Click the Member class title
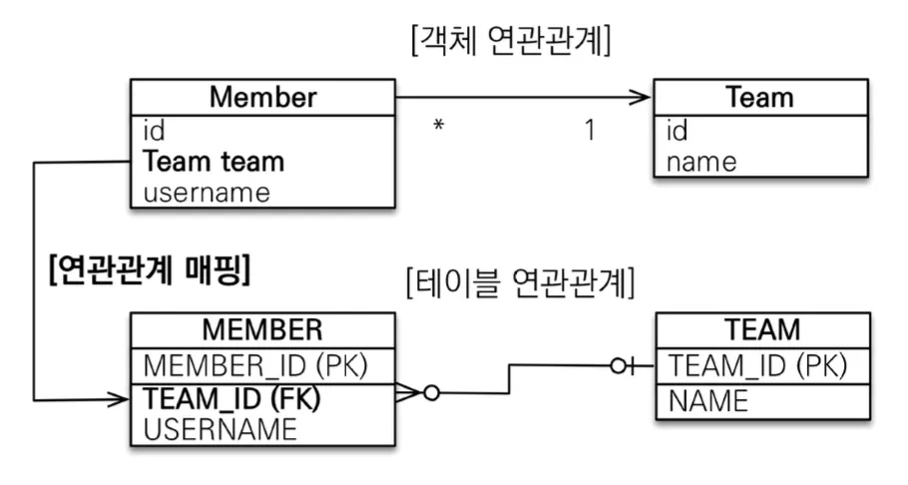(x=262, y=97)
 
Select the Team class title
(x=759, y=97)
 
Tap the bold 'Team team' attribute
(x=214, y=161)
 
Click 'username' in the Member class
(x=207, y=193)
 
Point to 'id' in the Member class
(x=154, y=130)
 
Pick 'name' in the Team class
(x=701, y=162)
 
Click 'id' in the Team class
(x=677, y=130)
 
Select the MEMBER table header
(x=262, y=329)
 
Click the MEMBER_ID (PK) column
(x=255, y=365)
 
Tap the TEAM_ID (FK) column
(x=231, y=398)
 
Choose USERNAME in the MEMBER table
(x=221, y=429)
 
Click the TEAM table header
(x=762, y=329)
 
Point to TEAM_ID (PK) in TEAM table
(x=758, y=365)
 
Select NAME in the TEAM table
(x=708, y=401)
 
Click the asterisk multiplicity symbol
(x=439, y=125)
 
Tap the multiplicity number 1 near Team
(x=590, y=130)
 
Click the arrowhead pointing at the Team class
(x=643, y=98)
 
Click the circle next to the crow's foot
(x=431, y=393)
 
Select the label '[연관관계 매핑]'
(x=150, y=269)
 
